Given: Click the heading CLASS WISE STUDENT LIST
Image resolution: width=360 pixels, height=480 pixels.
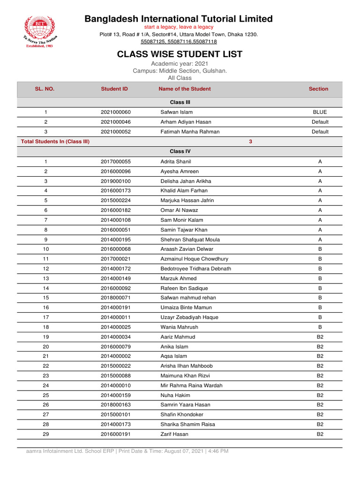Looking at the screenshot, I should point(180,54).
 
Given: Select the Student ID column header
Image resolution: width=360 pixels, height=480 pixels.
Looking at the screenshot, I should point(114,89).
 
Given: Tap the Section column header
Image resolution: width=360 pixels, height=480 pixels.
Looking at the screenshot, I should point(318,89).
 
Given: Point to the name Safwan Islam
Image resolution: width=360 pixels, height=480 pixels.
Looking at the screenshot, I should point(176,112).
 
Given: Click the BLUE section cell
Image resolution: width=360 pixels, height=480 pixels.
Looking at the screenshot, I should point(320,112).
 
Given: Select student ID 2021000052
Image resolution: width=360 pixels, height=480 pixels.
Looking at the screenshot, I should point(116,132).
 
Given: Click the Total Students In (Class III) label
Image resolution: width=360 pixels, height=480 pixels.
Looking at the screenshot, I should point(55,142).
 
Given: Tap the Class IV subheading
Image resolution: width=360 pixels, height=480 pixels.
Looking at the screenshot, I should point(180,151).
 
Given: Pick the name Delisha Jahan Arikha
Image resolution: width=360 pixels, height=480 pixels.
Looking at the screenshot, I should point(186,181).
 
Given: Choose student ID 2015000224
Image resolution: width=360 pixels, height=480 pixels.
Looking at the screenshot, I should point(116,201).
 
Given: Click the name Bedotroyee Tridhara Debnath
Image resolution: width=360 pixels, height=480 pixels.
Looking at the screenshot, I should point(195,269).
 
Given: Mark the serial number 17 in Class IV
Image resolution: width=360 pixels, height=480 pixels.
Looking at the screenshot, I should point(45,317).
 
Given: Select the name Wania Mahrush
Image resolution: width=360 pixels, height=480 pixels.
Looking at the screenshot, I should point(179,327).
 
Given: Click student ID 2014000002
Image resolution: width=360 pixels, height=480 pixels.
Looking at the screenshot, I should point(116,356).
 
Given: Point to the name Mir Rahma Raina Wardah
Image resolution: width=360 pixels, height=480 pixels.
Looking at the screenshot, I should point(191,386).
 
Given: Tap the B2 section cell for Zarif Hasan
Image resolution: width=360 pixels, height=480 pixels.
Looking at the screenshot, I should point(320,435).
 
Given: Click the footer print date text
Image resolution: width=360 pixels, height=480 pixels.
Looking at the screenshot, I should point(127,451).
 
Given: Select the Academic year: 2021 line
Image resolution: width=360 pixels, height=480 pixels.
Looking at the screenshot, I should point(180,64).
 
